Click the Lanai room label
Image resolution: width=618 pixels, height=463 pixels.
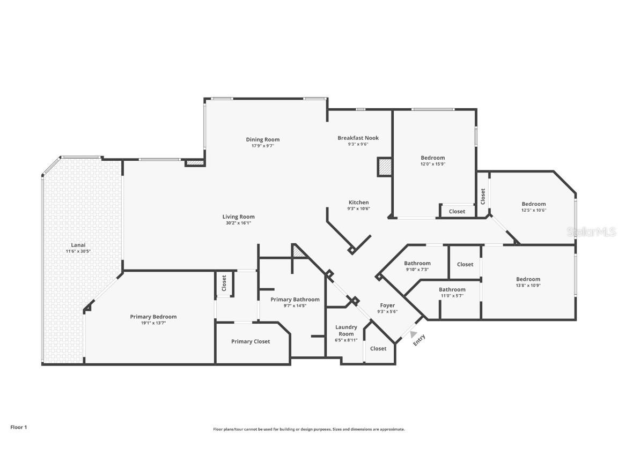(x=78, y=245)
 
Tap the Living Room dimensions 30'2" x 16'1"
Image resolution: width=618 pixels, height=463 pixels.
(x=238, y=223)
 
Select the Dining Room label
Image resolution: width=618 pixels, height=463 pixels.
(x=263, y=139)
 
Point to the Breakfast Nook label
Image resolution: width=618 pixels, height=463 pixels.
(x=358, y=138)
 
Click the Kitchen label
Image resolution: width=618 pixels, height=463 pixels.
(x=358, y=202)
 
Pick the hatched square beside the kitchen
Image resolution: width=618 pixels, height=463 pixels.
(x=385, y=167)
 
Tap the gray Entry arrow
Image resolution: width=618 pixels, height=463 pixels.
(x=413, y=334)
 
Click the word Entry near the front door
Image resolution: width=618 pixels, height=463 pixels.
(x=420, y=340)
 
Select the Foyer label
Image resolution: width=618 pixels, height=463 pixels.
(x=387, y=305)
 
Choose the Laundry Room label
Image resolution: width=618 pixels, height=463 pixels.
(x=346, y=330)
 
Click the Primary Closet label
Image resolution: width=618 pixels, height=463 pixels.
(x=251, y=341)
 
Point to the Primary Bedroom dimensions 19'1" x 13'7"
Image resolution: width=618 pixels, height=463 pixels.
(x=153, y=323)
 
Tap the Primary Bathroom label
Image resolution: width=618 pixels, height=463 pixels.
(x=295, y=300)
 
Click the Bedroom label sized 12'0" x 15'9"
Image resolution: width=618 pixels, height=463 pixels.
(x=432, y=158)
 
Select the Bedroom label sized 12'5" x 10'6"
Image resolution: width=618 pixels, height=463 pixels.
(x=534, y=204)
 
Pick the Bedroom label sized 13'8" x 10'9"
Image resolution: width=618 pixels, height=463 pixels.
(x=528, y=279)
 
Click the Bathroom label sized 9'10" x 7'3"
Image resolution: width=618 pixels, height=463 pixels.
(x=417, y=263)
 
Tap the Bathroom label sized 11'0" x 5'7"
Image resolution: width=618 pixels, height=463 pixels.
(x=452, y=289)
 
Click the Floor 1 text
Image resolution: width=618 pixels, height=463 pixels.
(x=18, y=427)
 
